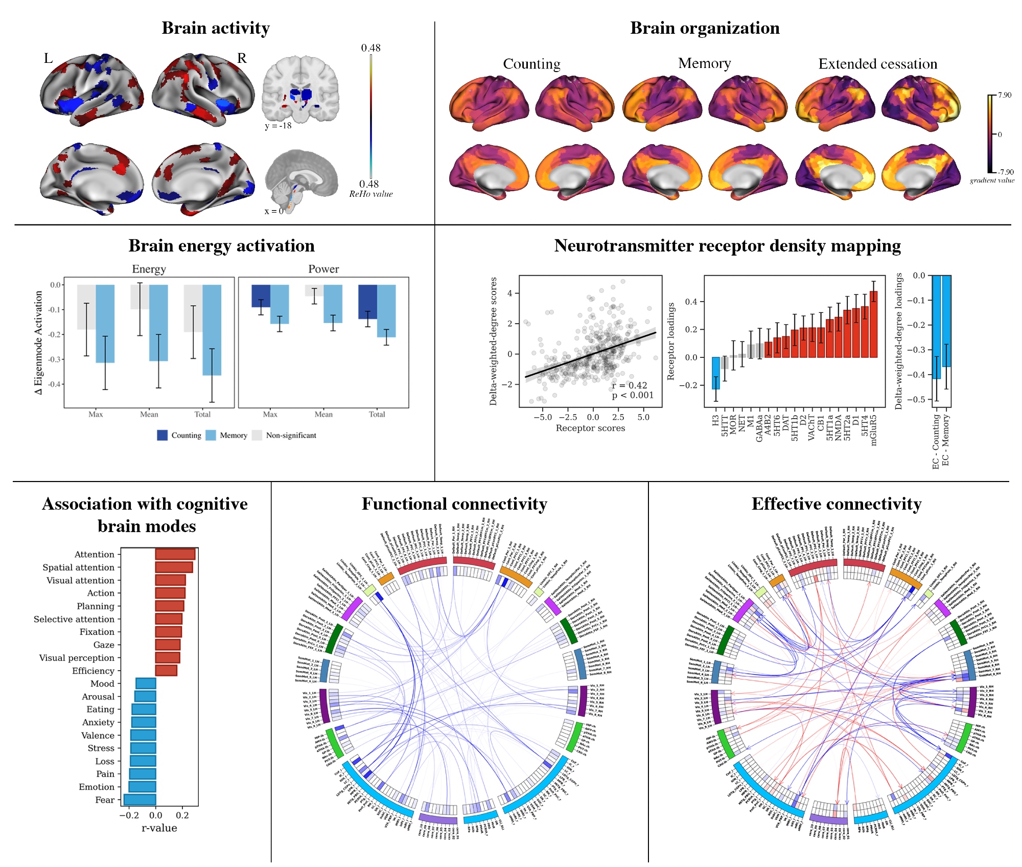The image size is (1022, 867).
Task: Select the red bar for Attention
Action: tap(175, 554)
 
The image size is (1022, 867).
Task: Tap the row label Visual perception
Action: tap(77, 658)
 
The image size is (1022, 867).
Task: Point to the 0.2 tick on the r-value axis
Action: tap(182, 815)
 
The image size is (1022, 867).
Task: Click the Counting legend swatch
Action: tap(162, 435)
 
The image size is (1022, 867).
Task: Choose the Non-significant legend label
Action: tap(291, 436)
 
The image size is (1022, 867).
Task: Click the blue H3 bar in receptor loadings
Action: tap(716, 373)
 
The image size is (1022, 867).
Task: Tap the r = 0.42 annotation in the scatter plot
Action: tap(630, 385)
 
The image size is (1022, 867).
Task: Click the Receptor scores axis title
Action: tap(590, 428)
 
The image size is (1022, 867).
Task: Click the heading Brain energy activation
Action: tap(221, 246)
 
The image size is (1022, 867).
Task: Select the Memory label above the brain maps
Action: tap(704, 63)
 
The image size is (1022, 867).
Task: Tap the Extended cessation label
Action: tap(877, 64)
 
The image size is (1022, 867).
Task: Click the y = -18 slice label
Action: tap(278, 126)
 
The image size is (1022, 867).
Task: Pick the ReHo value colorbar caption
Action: tap(371, 194)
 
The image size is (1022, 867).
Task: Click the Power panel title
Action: tap(323, 269)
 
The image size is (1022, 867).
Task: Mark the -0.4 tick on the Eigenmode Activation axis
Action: tap(54, 384)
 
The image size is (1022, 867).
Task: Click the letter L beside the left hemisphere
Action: tap(48, 58)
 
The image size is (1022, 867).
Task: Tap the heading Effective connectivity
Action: tap(836, 504)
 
